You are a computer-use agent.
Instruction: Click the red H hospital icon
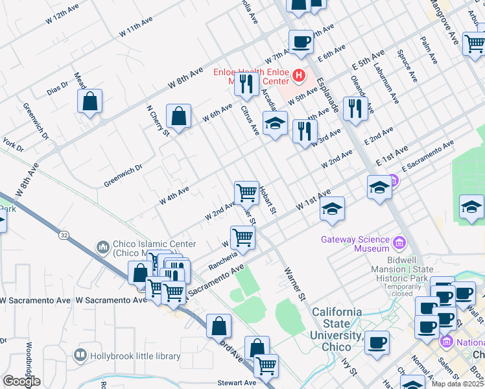pyautogui.click(x=298, y=76)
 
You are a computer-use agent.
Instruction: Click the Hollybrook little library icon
pyautogui.click(x=80, y=355)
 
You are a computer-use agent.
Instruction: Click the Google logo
pyautogui.click(x=22, y=381)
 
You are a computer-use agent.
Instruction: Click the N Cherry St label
pyautogui.click(x=158, y=121)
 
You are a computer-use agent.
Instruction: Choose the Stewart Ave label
pyautogui.click(x=237, y=383)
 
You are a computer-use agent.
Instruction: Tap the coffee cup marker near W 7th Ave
pyautogui.click(x=301, y=43)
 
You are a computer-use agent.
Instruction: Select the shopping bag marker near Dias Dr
pyautogui.click(x=90, y=102)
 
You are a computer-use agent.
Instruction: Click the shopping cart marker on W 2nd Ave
pyautogui.click(x=246, y=193)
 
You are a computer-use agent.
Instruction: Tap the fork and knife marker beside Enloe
pyautogui.click(x=246, y=84)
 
